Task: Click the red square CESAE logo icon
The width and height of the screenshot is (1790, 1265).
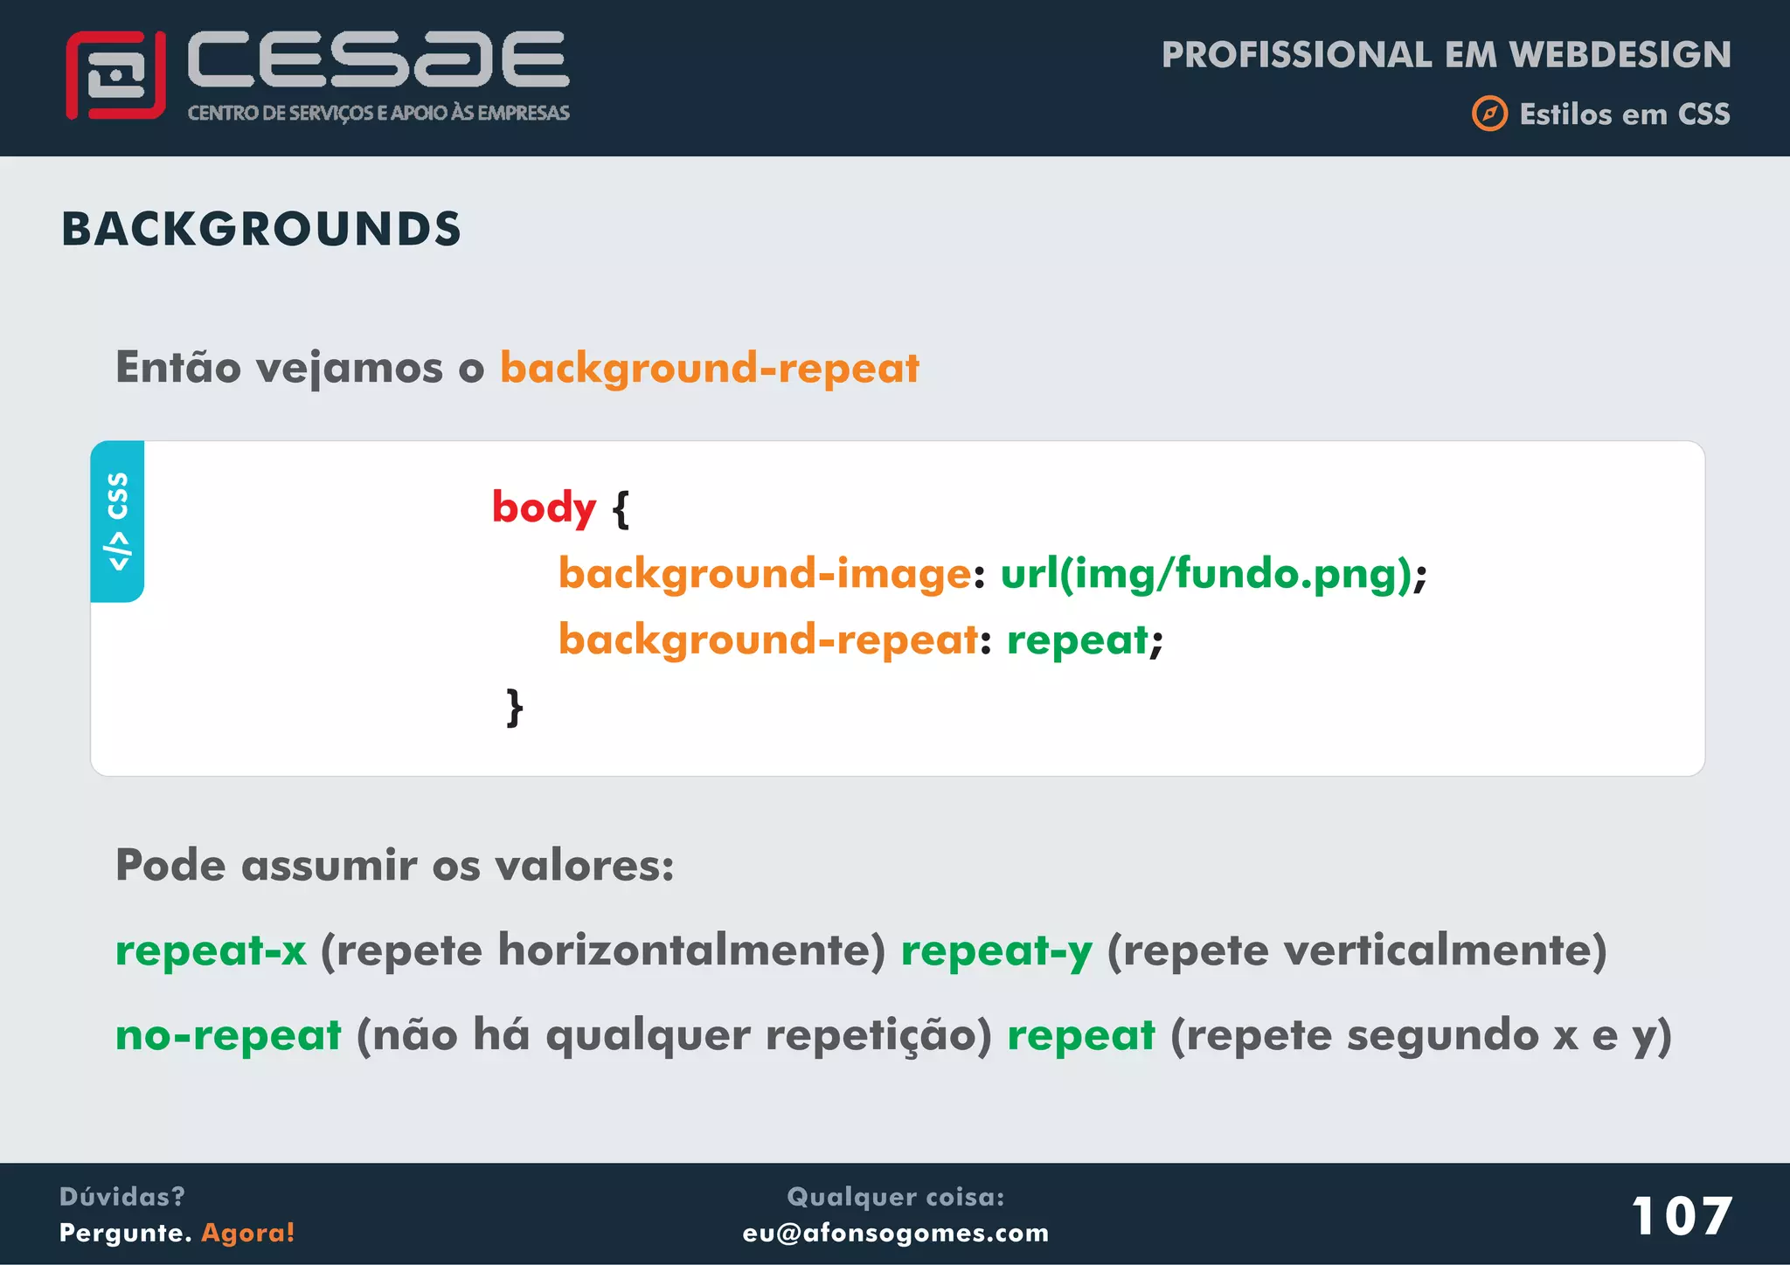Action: [115, 75]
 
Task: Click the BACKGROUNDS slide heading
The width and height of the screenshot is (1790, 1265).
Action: [260, 229]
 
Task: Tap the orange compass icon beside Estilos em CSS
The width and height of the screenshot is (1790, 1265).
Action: [1489, 114]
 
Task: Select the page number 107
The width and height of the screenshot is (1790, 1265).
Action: [1681, 1216]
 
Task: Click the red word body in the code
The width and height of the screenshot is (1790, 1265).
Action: [544, 508]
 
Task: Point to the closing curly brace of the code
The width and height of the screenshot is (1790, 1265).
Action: [515, 707]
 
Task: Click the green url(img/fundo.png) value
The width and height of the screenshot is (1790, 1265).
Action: [1205, 574]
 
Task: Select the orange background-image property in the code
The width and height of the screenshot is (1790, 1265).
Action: [765, 574]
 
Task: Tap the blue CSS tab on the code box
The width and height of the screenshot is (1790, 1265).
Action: [117, 522]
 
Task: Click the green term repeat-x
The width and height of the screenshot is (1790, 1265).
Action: [211, 950]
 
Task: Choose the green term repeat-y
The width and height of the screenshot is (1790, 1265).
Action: [996, 950]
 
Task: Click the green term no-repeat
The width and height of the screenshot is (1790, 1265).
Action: [228, 1036]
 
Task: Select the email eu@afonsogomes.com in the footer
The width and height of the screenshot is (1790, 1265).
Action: [895, 1233]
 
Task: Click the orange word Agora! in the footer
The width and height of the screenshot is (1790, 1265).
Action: [248, 1233]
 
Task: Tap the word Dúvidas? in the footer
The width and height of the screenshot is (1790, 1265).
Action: [122, 1196]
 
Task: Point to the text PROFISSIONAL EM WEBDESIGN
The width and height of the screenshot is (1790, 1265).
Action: [1446, 55]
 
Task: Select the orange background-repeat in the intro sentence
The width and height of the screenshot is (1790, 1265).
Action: [709, 368]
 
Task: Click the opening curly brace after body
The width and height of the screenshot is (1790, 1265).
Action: [621, 509]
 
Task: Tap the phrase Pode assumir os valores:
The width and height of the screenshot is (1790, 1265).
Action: [394, 866]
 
